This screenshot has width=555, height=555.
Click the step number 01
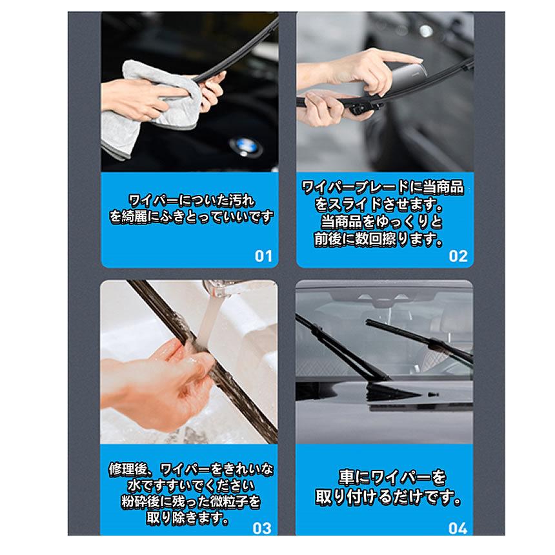(x=263, y=256)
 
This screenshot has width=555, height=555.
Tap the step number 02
(x=458, y=256)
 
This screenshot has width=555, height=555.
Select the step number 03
(x=262, y=528)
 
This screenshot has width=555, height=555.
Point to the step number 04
(x=457, y=528)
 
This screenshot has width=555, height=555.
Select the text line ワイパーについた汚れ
(x=190, y=199)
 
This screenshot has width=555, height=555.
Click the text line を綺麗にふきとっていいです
(x=192, y=217)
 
